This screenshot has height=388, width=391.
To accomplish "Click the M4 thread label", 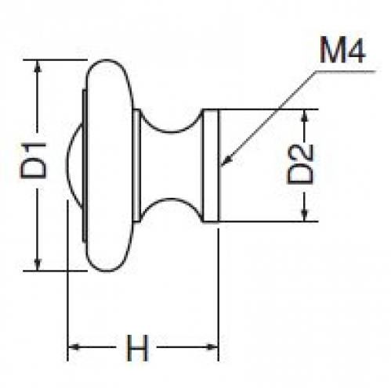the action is [x=342, y=50].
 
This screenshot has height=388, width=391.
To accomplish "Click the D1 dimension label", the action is [x=34, y=160].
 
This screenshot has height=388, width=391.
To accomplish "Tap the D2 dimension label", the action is [x=300, y=164].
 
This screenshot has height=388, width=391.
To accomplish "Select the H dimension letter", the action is [x=137, y=347].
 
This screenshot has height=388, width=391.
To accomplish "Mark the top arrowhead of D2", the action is [x=305, y=115].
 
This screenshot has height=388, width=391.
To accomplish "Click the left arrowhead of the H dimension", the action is [x=74, y=347].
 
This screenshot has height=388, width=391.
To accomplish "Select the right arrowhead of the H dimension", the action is [x=212, y=347].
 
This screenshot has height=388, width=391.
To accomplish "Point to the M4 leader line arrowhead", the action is [x=225, y=160].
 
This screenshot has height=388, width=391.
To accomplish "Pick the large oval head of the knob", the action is [x=110, y=166].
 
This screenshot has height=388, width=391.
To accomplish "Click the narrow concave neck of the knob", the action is [x=171, y=165].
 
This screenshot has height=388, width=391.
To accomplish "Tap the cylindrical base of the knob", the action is [x=211, y=165].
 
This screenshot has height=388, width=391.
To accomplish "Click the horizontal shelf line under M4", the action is [x=346, y=70].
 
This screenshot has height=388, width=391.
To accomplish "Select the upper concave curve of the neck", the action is [x=171, y=130].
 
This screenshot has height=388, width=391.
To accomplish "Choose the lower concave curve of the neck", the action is [x=171, y=199].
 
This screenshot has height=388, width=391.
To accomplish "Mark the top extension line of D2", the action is [x=261, y=109].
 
